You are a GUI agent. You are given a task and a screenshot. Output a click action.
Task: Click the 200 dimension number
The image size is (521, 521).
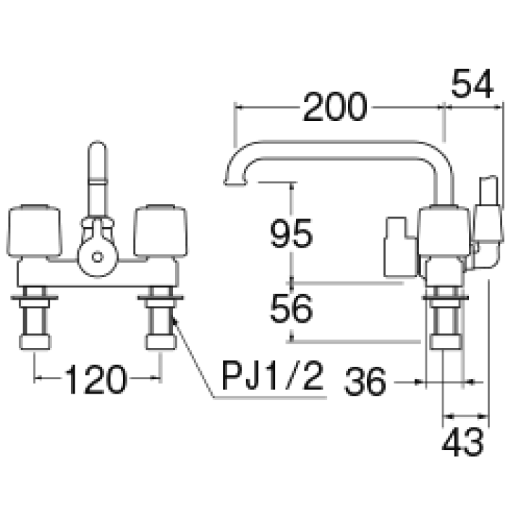(x=335, y=107)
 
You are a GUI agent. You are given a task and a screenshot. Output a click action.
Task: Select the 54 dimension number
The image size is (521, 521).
(x=472, y=84)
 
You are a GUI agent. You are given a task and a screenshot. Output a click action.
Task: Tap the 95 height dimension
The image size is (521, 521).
(x=292, y=234)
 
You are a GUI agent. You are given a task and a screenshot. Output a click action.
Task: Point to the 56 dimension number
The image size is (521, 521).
(x=292, y=308)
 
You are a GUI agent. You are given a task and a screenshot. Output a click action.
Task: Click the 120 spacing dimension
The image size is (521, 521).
(x=96, y=379)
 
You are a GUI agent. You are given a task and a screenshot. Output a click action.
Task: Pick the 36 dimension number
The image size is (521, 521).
(x=365, y=381)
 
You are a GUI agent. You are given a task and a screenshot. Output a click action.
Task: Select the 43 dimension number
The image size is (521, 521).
(x=462, y=442)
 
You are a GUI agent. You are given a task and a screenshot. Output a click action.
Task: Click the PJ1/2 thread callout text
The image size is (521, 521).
(x=272, y=376)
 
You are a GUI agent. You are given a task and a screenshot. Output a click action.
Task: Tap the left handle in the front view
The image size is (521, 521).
(x=34, y=232)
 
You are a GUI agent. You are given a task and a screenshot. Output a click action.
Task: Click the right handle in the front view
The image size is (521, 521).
(x=161, y=232)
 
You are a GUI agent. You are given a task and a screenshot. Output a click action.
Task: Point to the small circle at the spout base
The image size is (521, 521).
(x=98, y=257)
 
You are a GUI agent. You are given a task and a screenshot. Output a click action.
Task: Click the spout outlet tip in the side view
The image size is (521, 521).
(x=236, y=182)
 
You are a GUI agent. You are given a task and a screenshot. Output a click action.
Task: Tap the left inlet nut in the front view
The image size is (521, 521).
(x=35, y=342)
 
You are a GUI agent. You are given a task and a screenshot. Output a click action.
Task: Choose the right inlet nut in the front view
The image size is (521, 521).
(x=161, y=342)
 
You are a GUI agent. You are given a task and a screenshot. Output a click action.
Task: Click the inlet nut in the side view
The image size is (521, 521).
(x=446, y=342)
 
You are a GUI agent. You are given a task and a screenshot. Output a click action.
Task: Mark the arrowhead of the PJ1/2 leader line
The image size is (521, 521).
(x=174, y=319)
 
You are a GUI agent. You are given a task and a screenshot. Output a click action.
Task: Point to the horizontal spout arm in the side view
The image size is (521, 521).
(x=336, y=150)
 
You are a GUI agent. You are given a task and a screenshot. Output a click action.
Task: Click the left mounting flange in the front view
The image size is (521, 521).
(x=34, y=297)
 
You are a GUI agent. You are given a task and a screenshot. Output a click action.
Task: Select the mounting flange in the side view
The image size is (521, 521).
(x=445, y=297)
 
